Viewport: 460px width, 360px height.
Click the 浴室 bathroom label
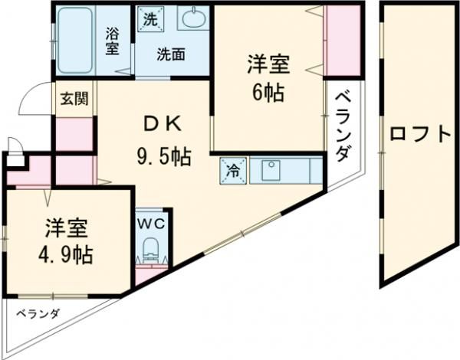click(x=113, y=41)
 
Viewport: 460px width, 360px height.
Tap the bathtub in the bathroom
click(x=75, y=41)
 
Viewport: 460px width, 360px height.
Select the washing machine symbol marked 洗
click(x=151, y=18)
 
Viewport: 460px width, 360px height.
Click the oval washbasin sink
click(x=194, y=18)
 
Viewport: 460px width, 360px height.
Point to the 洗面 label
click(x=171, y=54)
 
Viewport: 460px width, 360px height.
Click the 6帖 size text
click(x=268, y=93)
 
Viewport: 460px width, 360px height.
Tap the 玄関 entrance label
click(x=74, y=98)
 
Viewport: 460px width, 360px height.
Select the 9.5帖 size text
click(x=164, y=157)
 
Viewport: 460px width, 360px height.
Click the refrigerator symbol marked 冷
click(x=233, y=171)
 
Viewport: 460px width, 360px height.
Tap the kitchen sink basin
click(x=271, y=171)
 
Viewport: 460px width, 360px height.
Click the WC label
click(x=151, y=224)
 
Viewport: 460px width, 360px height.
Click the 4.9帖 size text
click(x=65, y=255)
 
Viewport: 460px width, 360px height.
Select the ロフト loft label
click(x=420, y=135)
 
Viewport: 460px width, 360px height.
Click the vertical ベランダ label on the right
click(x=343, y=127)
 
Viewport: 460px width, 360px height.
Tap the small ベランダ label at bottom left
click(x=38, y=314)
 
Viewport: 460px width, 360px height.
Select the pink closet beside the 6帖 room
click(x=343, y=41)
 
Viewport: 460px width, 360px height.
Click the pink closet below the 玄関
click(x=74, y=135)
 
